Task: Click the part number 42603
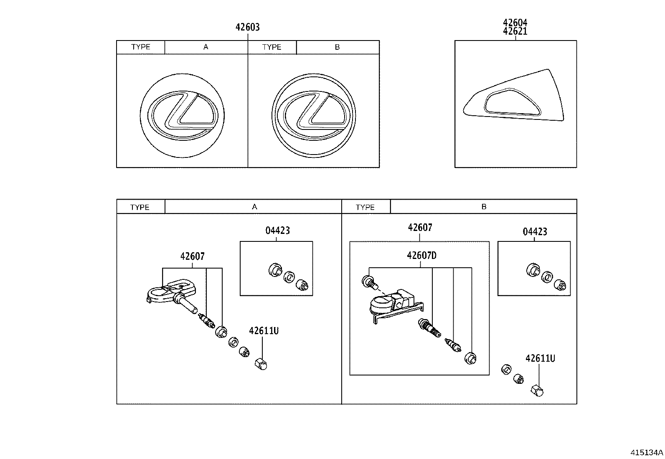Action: pos(247,28)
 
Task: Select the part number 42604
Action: pos(515,23)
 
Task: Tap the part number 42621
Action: pos(515,31)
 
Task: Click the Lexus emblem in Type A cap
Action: pos(182,115)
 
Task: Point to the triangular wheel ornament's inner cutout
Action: pos(512,102)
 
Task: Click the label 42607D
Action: pos(421,256)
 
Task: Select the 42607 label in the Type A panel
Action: pos(193,256)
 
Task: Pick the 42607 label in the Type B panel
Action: pos(420,228)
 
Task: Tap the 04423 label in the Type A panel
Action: pos(277,231)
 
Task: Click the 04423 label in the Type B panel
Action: pos(535,232)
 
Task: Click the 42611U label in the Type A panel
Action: pos(264,331)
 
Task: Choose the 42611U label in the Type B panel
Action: pos(540,358)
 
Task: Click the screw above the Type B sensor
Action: pos(369,282)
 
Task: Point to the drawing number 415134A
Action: pos(647,452)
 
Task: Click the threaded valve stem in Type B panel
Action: pos(430,328)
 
